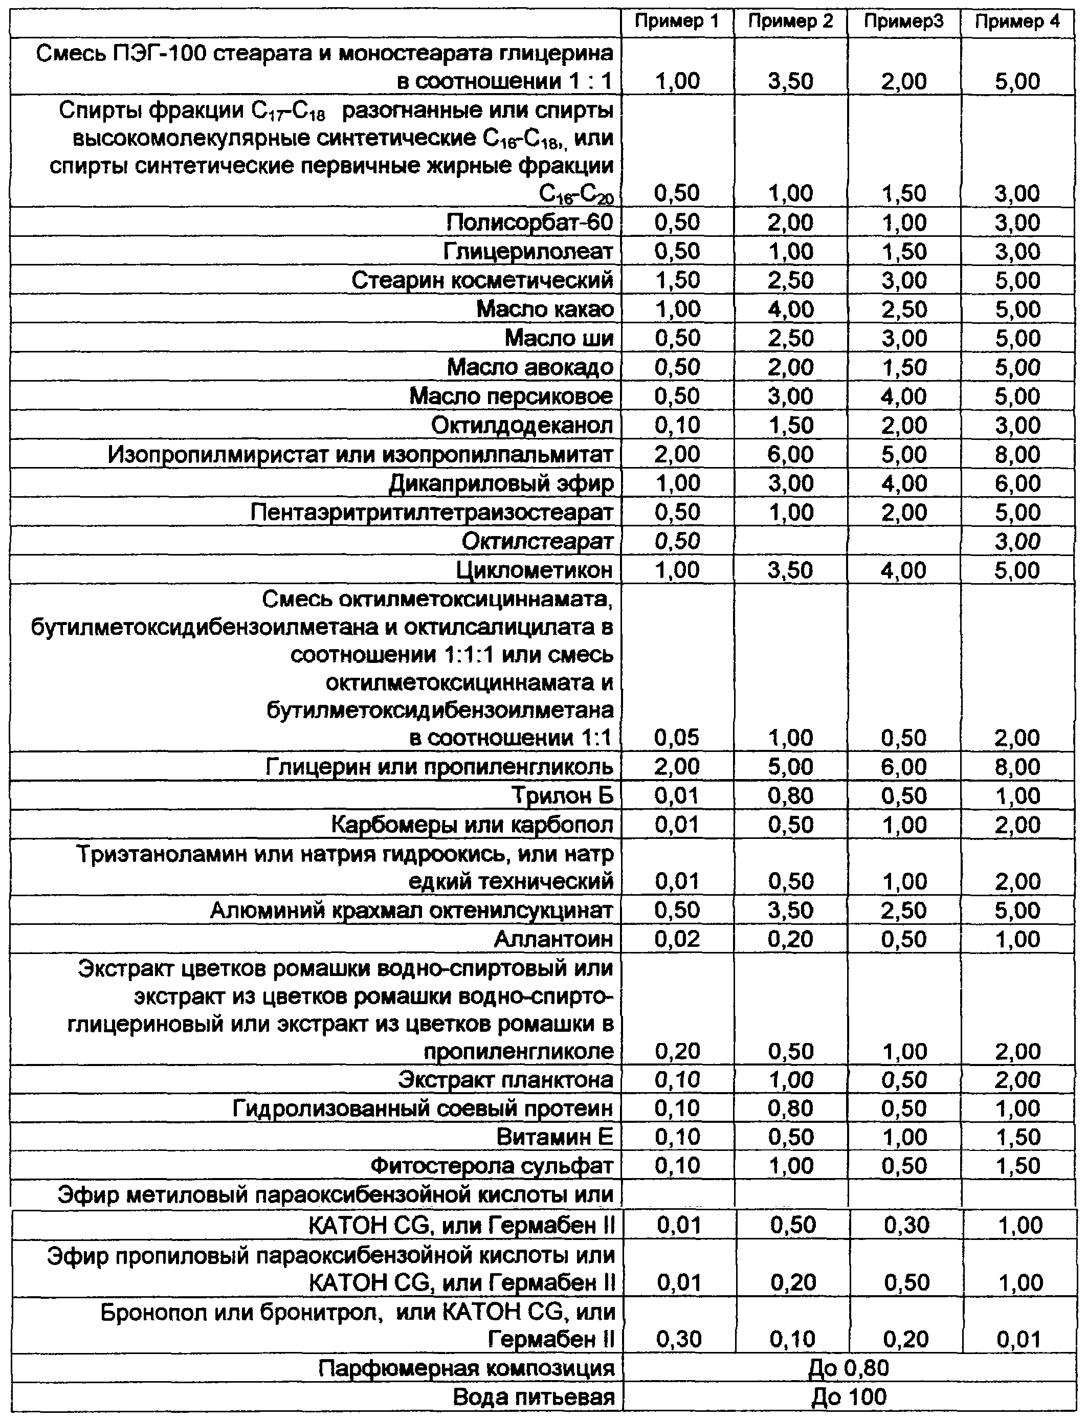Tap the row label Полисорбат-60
[529, 222]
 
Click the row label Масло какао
[545, 308]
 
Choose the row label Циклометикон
[535, 570]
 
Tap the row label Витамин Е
[554, 1137]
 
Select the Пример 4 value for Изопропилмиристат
[1017, 454]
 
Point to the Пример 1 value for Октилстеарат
[677, 541]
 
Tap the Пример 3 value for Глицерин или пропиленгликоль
[904, 767]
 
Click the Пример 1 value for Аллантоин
[677, 939]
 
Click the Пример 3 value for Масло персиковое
[904, 396]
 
